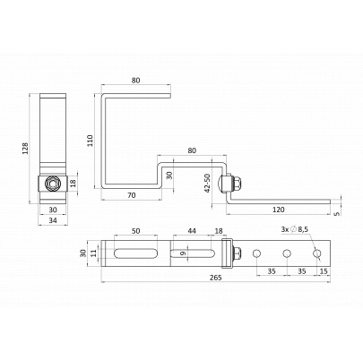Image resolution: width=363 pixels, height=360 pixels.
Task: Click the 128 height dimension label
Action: click(x=25, y=148)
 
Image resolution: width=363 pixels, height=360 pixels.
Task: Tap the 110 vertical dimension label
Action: click(x=90, y=141)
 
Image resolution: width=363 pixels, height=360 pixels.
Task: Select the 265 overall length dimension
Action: click(x=215, y=278)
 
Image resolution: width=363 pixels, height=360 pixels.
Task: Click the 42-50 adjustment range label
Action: click(x=207, y=183)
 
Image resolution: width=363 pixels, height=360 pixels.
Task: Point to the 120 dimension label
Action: click(x=279, y=210)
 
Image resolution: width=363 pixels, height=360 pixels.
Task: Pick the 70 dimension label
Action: click(x=132, y=195)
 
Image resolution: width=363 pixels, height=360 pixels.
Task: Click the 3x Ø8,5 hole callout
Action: click(x=294, y=229)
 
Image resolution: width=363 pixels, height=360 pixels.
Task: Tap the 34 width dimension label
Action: click(x=53, y=220)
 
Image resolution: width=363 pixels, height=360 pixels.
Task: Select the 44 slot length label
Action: click(x=192, y=231)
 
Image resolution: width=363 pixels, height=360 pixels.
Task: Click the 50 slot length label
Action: click(x=136, y=231)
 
